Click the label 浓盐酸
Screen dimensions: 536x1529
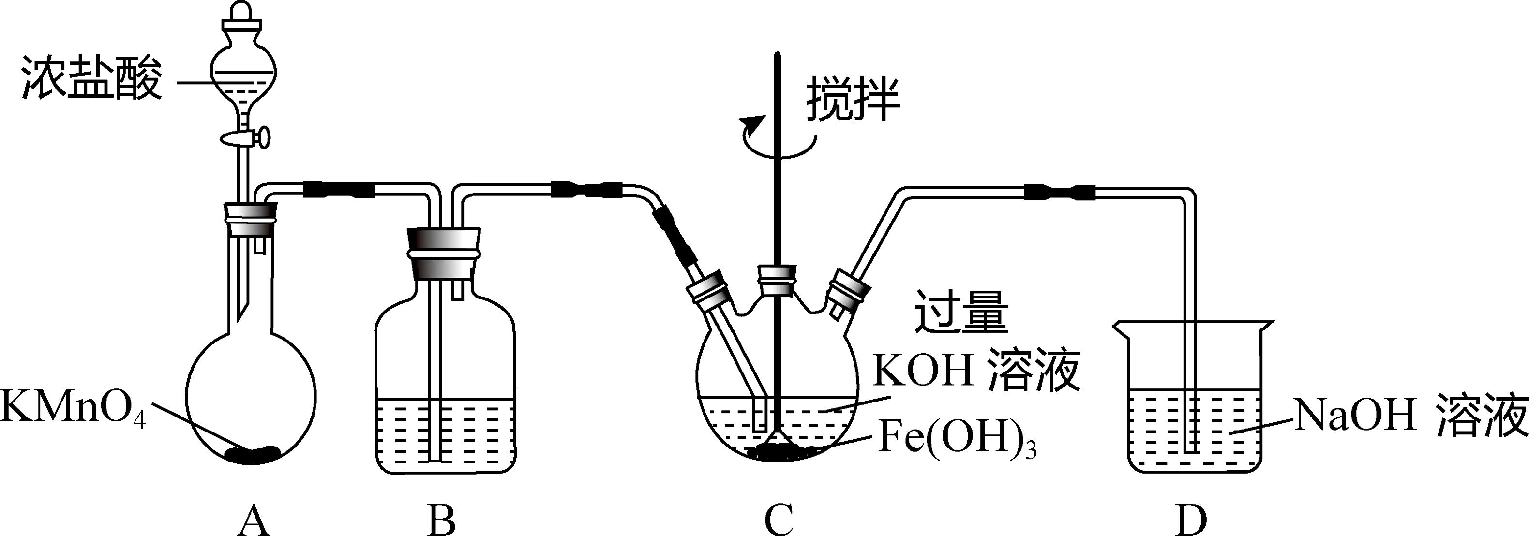click(92, 79)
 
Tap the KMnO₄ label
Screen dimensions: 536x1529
click(73, 407)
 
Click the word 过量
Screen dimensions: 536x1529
click(961, 311)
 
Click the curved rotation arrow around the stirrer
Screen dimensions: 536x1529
click(778, 139)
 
